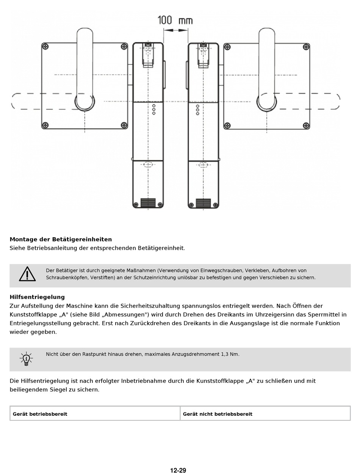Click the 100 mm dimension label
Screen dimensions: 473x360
pyautogui.click(x=175, y=20)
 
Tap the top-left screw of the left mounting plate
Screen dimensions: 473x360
pyautogui.click(x=45, y=47)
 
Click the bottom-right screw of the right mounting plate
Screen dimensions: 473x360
pyautogui.click(x=306, y=125)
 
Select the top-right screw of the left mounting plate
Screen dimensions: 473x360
pyautogui.click(x=124, y=47)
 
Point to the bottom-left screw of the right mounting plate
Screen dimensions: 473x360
pyautogui.click(x=227, y=125)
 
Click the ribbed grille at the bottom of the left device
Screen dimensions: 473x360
pyautogui.click(x=148, y=203)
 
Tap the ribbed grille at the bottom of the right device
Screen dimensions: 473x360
pyautogui.click(x=203, y=203)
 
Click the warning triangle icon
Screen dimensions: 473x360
pyautogui.click(x=27, y=274)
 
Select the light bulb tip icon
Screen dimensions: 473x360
pyautogui.click(x=26, y=358)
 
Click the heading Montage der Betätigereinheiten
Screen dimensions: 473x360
pyautogui.click(x=61, y=239)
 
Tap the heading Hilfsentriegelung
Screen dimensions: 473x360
pyautogui.click(x=37, y=297)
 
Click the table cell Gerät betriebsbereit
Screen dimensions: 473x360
pyautogui.click(x=40, y=414)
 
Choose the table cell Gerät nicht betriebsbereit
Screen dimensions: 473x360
pyautogui.click(x=218, y=414)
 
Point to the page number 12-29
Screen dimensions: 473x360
pyautogui.click(x=178, y=470)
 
